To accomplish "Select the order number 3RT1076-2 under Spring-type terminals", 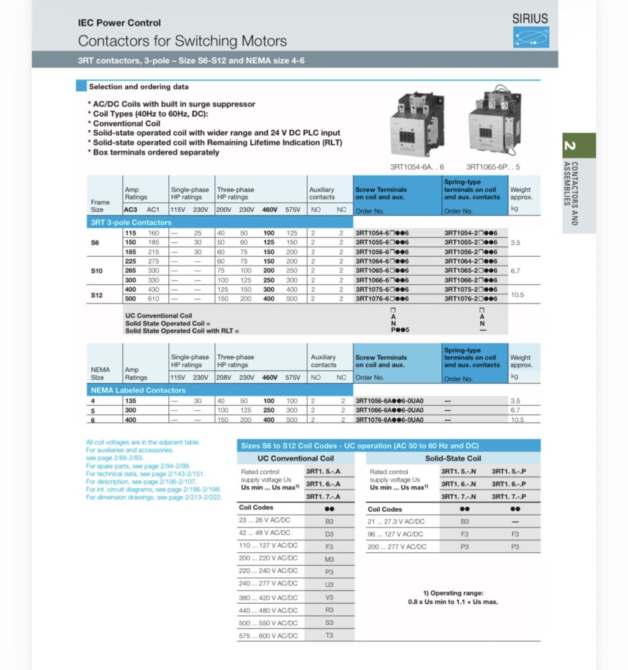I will (x=471, y=298).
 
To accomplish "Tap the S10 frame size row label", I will (x=97, y=271).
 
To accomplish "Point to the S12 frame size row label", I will (x=97, y=295).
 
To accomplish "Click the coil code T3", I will (x=329, y=635).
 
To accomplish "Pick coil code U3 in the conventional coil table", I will (x=329, y=584).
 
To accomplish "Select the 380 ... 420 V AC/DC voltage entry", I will (x=268, y=597).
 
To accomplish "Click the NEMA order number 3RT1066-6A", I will (x=389, y=410).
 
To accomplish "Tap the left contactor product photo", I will (x=416, y=123).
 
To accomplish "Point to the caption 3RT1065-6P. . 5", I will (x=493, y=167).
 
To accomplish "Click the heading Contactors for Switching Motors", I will (x=182, y=41).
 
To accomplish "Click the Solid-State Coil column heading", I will (x=452, y=458).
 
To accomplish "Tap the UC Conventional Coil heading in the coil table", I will (x=295, y=458).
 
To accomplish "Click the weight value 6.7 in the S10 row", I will (x=515, y=271).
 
